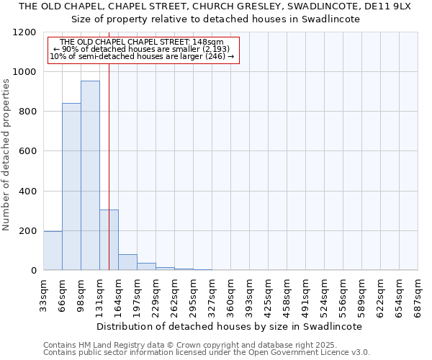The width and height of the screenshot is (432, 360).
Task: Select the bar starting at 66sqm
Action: pyautogui.click(x=71, y=186)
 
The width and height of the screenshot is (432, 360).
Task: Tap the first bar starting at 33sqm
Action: pyautogui.click(x=53, y=251)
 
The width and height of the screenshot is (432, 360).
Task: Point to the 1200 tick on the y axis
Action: pyautogui.click(x=27, y=32)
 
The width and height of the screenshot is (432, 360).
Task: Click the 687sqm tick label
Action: pyautogui.click(x=418, y=294)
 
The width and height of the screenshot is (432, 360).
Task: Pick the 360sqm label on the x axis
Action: pyautogui.click(x=231, y=294)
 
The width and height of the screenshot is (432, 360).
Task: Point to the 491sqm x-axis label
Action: pyautogui.click(x=306, y=294)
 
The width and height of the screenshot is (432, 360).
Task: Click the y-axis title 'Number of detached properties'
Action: pyautogui.click(x=6, y=155)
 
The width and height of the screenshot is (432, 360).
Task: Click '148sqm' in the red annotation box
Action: pyautogui.click(x=209, y=42)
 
